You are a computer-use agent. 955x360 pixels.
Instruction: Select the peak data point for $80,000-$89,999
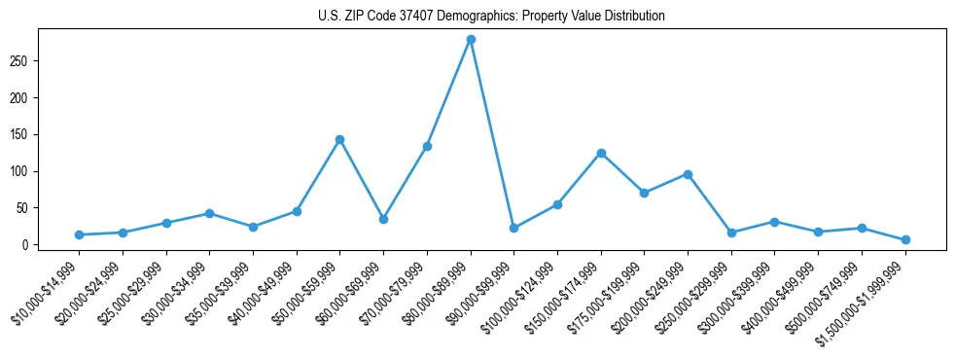pos(471,39)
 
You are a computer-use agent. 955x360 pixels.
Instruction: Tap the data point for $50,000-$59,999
pos(339,139)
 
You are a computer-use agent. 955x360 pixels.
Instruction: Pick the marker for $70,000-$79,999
pos(427,146)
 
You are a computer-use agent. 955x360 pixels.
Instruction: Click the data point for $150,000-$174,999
pos(601,153)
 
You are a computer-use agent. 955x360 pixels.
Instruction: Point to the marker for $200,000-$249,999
pos(688,174)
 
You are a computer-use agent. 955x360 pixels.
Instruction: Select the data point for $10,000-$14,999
pos(79,234)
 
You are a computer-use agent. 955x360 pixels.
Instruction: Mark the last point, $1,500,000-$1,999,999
pos(905,239)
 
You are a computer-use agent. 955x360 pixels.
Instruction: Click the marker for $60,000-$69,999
pos(383,219)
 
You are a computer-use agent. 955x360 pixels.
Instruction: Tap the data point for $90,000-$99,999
pos(513,228)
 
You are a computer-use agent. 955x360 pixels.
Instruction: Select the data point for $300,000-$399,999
pos(774,222)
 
